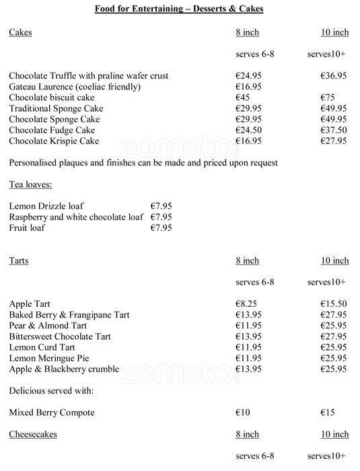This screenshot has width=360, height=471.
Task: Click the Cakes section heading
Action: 20,32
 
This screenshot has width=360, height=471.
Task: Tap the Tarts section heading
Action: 19,260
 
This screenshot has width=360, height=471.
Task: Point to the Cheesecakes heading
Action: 32,434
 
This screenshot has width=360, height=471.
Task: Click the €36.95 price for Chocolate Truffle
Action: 334,76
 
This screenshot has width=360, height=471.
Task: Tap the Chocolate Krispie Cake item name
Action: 54,141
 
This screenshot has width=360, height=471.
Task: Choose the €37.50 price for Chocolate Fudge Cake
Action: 334,130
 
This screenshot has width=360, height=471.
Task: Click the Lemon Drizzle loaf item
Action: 46,206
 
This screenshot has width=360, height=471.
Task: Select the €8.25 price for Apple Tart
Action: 247,304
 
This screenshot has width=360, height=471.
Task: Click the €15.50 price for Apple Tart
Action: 334,304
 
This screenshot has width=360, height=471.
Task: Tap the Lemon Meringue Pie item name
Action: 49,358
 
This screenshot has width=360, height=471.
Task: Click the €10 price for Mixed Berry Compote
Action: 243,412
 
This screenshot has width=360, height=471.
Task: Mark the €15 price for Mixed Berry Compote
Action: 328,412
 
